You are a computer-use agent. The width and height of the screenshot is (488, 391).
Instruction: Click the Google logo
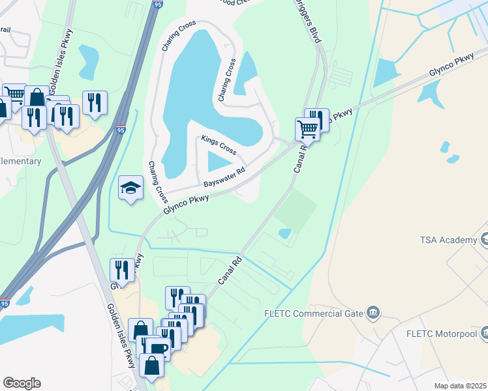tap(22, 383)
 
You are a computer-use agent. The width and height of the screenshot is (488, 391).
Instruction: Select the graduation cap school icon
tap(130, 188)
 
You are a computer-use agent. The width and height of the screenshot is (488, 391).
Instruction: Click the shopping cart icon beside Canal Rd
tap(307, 128)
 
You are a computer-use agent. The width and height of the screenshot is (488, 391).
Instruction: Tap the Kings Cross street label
tap(219, 145)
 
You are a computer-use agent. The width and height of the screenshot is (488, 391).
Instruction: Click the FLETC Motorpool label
tap(446, 334)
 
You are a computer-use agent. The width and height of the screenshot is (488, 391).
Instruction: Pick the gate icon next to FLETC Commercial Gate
tap(373, 313)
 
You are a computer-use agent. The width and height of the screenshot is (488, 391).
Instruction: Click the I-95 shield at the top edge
tap(159, 5)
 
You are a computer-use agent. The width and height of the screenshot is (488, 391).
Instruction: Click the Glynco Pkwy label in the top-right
tap(451, 68)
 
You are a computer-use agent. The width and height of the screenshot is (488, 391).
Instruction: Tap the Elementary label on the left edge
tap(20, 161)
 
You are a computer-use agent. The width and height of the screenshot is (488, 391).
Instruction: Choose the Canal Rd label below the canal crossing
tap(230, 269)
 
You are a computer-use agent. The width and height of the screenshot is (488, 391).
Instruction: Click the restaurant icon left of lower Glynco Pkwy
tap(122, 268)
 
